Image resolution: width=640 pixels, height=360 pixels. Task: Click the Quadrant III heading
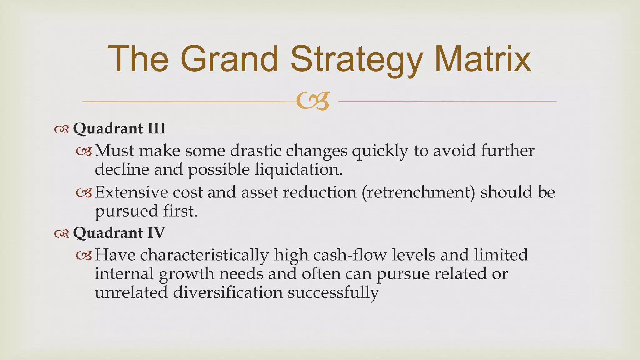pyautogui.click(x=119, y=128)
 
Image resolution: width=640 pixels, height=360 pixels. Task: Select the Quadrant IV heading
pyautogui.click(x=119, y=233)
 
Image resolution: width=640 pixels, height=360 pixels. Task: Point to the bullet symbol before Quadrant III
pyautogui.click(x=62, y=129)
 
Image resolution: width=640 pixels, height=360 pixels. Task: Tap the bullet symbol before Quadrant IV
pyautogui.click(x=62, y=234)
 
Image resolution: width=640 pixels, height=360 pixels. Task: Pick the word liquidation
pyautogui.click(x=298, y=170)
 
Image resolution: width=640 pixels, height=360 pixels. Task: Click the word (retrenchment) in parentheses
pyautogui.click(x=418, y=192)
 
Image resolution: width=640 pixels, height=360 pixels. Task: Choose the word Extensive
pyautogui.click(x=131, y=192)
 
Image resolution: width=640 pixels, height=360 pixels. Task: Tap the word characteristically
pyautogui.click(x=204, y=255)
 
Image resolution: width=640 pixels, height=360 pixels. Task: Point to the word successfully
pyautogui.click(x=333, y=293)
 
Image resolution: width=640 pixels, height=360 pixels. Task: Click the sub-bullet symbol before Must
pyautogui.click(x=84, y=152)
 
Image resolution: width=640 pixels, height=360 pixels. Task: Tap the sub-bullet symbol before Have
pyautogui.click(x=84, y=256)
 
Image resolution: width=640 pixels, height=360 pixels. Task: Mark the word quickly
pyautogui.click(x=380, y=151)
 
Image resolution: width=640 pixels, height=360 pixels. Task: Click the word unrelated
pyautogui.click(x=131, y=292)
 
